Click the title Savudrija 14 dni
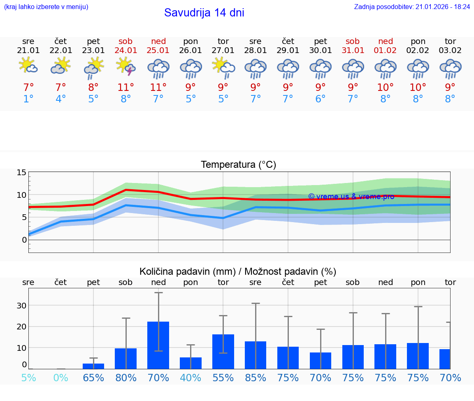click(x=204, y=13)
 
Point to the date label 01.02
click(x=386, y=51)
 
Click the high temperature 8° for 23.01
click(x=93, y=87)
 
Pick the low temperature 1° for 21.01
click(x=28, y=99)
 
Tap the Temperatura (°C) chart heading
click(x=238, y=165)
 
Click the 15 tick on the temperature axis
click(x=21, y=173)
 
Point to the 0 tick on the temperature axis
click(x=24, y=240)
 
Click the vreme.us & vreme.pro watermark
click(x=351, y=197)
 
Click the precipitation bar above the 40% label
click(x=191, y=363)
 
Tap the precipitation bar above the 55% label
click(x=223, y=351)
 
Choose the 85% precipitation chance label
click(x=256, y=378)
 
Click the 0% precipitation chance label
click(x=61, y=378)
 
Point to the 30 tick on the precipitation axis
click(x=21, y=306)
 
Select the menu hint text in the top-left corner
click(x=46, y=7)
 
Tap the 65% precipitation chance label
click(x=93, y=378)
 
